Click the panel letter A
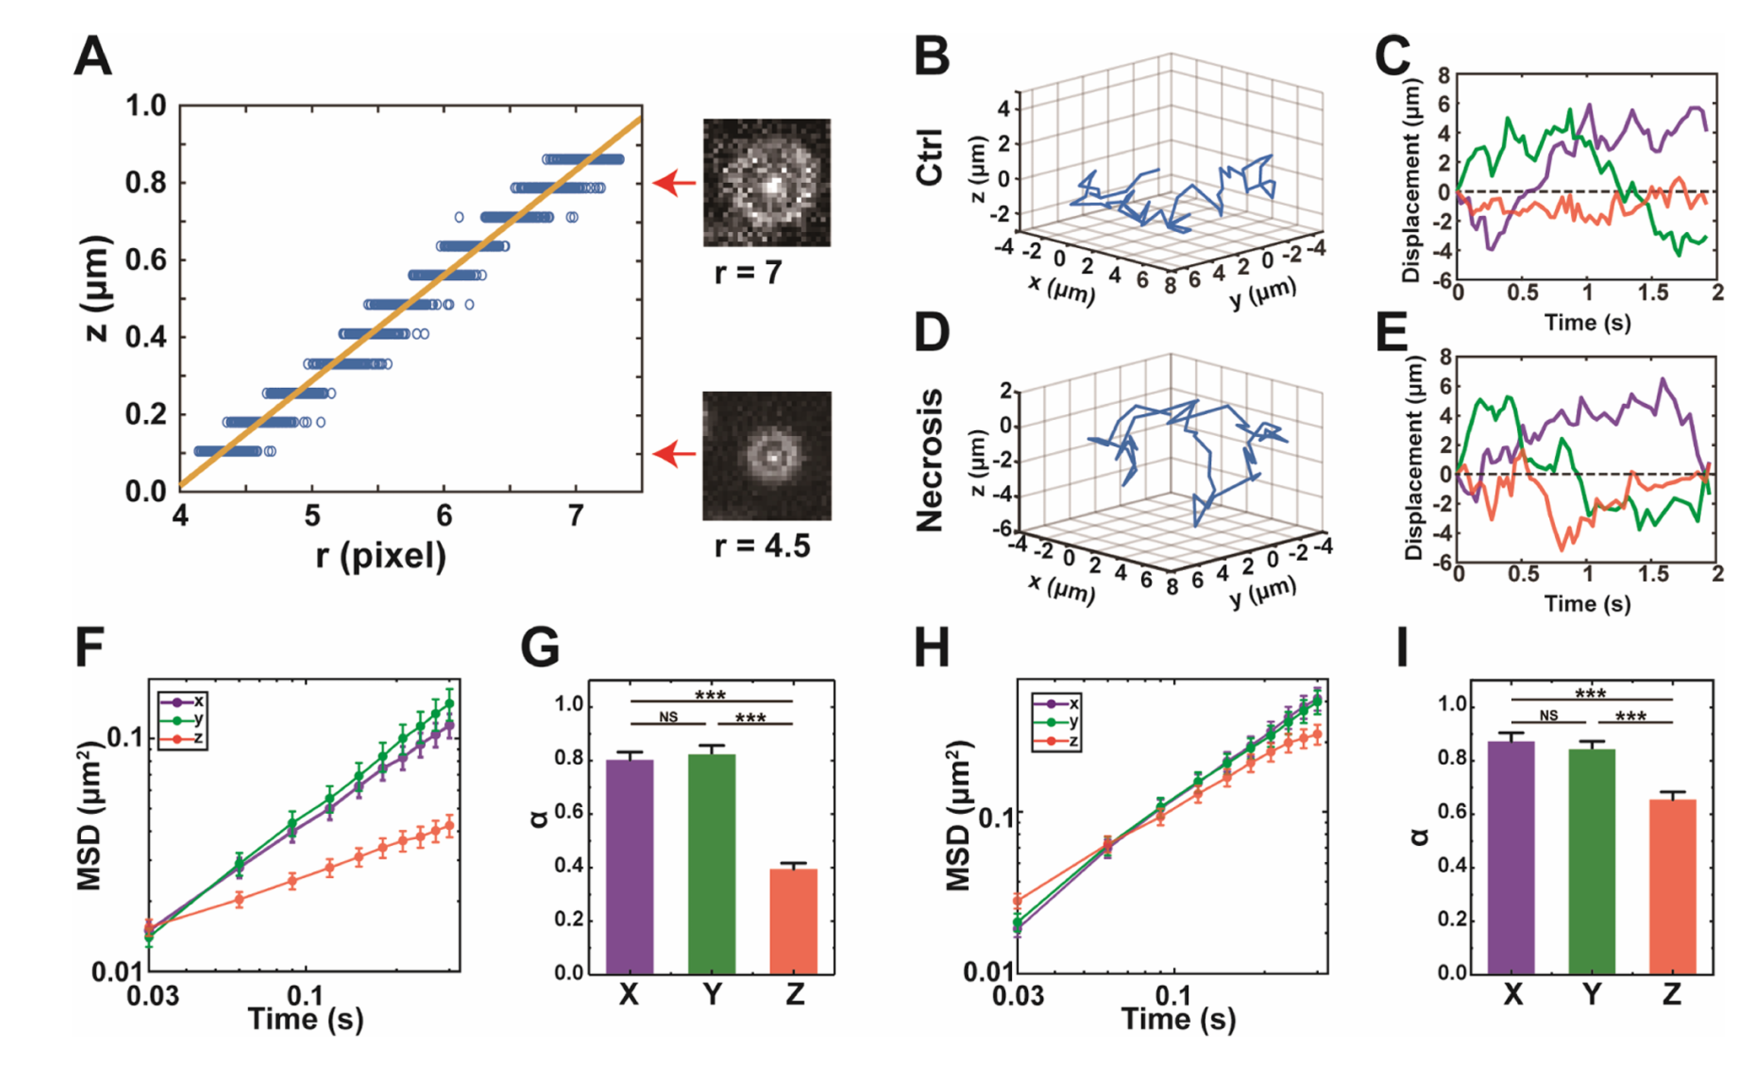pyautogui.click(x=93, y=58)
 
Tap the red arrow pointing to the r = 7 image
pyautogui.click(x=675, y=183)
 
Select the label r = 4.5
pyautogui.click(x=761, y=546)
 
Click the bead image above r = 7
pyautogui.click(x=767, y=182)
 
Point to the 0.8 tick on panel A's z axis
pyautogui.click(x=146, y=183)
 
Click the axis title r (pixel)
pyautogui.click(x=381, y=556)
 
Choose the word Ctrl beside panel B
pyautogui.click(x=930, y=158)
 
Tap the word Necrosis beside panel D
pyautogui.click(x=930, y=460)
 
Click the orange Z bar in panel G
pyautogui.click(x=794, y=921)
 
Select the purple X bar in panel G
pyautogui.click(x=630, y=866)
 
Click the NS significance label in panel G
pyautogui.click(x=668, y=717)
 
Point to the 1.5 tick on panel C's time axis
pyautogui.click(x=1653, y=293)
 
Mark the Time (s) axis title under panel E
pyautogui.click(x=1587, y=604)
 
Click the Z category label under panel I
pyautogui.click(x=1671, y=995)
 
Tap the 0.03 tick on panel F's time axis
pyautogui.click(x=153, y=996)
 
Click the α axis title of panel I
pyautogui.click(x=1420, y=836)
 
